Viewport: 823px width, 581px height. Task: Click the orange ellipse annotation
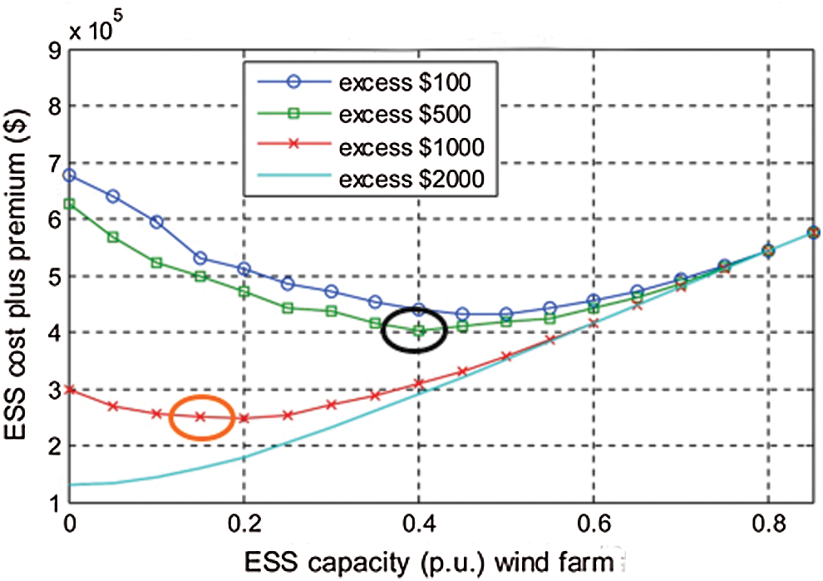pyautogui.click(x=202, y=416)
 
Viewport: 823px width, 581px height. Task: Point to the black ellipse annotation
pyautogui.click(x=415, y=330)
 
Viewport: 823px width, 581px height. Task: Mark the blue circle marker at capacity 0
pyautogui.click(x=69, y=175)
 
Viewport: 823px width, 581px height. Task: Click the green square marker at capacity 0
pyautogui.click(x=69, y=203)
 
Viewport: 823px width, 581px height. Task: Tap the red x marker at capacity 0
pyautogui.click(x=69, y=389)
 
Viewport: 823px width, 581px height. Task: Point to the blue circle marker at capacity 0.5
pyautogui.click(x=506, y=314)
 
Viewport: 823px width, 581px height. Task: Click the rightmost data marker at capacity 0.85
pyautogui.click(x=812, y=233)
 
